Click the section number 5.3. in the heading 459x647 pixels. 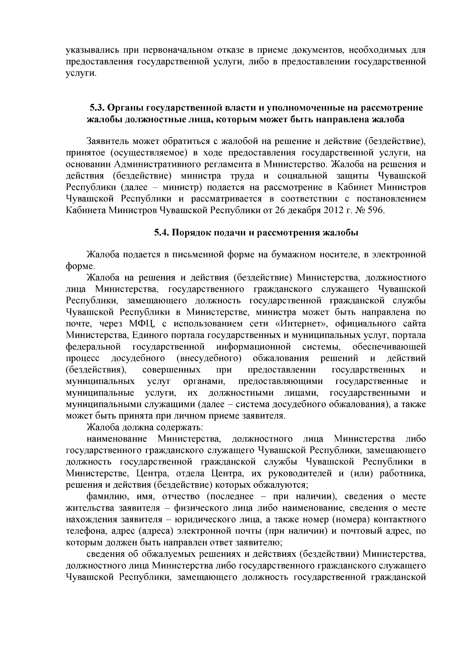[97, 108]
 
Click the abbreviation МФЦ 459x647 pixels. [142, 324]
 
